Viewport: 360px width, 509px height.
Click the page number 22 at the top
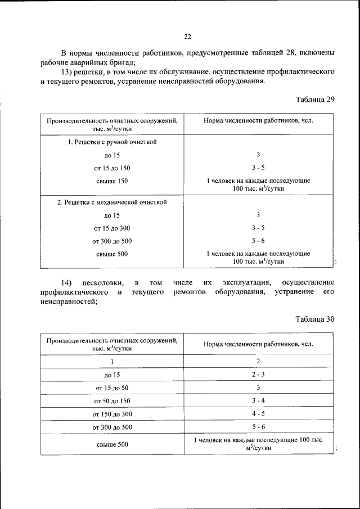coord(188,37)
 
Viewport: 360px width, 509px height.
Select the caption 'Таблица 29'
coord(315,99)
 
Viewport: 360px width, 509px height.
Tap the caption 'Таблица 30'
coord(315,318)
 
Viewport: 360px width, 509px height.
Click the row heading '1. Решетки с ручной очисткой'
coord(112,142)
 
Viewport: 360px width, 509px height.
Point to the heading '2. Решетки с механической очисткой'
coord(112,202)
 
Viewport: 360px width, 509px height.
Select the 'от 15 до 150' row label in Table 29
coord(112,168)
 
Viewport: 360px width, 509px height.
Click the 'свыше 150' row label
coord(112,181)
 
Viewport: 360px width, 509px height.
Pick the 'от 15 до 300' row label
coord(112,228)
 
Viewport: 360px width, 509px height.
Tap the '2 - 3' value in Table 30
coord(258,375)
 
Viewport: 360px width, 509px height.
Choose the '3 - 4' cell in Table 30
coord(258,400)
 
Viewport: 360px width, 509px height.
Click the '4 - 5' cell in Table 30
coord(258,414)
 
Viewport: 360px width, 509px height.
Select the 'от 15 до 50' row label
coord(112,388)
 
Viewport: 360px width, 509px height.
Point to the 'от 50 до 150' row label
coord(112,401)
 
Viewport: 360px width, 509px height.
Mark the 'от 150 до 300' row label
coord(112,415)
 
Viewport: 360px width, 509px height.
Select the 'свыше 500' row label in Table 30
coord(112,444)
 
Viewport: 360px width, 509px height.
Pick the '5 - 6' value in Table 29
coord(258,241)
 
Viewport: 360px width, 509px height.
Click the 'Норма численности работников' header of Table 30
coord(258,343)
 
